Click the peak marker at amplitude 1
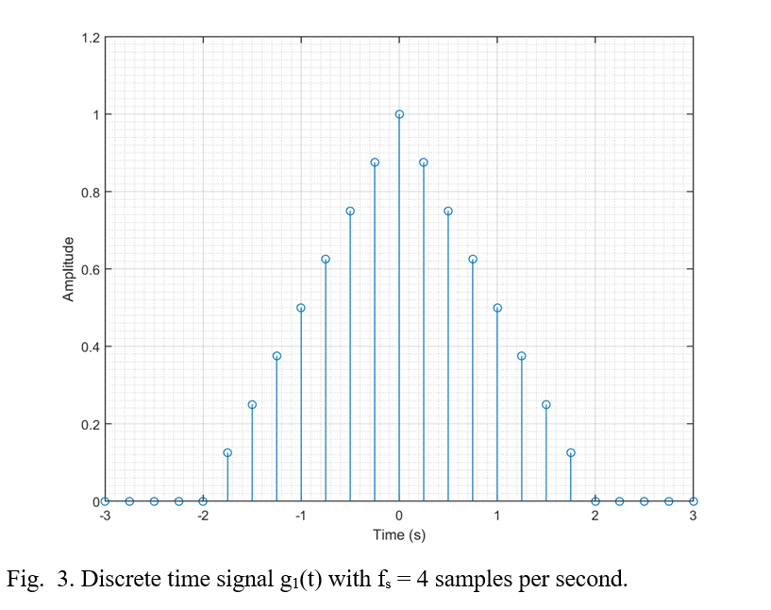coord(399,114)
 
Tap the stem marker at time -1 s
coord(301,308)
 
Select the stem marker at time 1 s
coord(497,308)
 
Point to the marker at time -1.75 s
coord(227,452)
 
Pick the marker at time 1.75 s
coord(571,452)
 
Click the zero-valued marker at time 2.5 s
coord(645,501)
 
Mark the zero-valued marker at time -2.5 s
coord(154,501)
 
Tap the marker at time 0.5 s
coord(448,211)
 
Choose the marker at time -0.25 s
coord(375,162)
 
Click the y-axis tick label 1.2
coord(90,39)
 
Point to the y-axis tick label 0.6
coord(90,270)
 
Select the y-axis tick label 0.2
coord(90,424)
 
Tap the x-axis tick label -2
coord(202,516)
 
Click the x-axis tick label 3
coord(694,516)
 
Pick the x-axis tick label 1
coord(497,516)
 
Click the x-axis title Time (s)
coord(399,535)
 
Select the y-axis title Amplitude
coord(69,270)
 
